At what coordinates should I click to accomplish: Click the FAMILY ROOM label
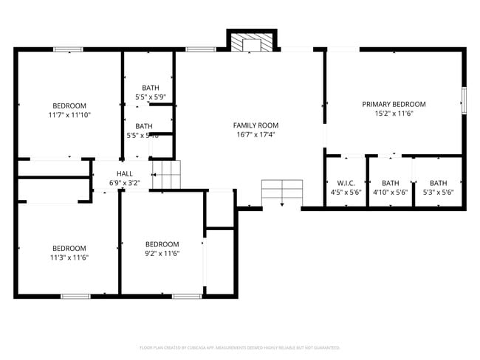point(256,125)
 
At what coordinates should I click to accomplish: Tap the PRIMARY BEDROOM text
point(394,104)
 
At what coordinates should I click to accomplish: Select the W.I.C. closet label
point(346,183)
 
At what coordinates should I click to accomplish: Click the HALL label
point(124,173)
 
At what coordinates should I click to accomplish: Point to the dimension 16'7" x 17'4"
point(256,135)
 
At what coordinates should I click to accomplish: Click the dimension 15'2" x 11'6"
point(394,114)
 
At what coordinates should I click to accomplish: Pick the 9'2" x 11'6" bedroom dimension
point(162,254)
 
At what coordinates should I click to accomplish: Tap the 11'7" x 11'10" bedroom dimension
point(69,115)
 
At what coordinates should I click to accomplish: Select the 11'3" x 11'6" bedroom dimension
point(69,257)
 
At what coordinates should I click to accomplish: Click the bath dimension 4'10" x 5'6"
point(391,193)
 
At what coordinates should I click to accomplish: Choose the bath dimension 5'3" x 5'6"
point(438,193)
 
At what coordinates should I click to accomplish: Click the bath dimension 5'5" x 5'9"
point(150,97)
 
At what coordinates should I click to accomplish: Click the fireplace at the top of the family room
point(252,44)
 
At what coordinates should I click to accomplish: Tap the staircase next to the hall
point(166,176)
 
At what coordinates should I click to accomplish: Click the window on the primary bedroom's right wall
point(464,101)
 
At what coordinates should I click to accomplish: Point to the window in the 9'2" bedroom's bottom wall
point(187,297)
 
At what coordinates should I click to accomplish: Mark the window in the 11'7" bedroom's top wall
point(68,49)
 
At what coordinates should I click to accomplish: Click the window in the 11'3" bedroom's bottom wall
point(75,297)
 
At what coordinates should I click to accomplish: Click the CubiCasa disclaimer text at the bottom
point(239,347)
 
